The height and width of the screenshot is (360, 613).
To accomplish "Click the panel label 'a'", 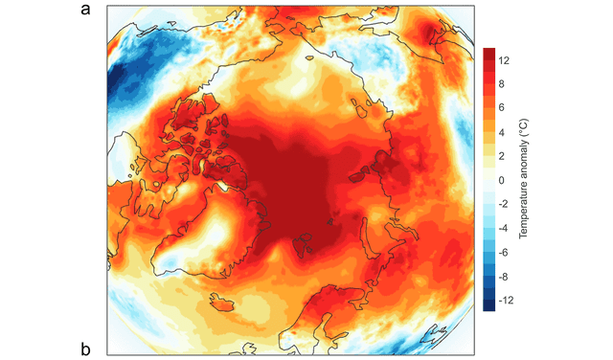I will (x=87, y=11).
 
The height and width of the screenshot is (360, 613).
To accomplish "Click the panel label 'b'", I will (x=87, y=348).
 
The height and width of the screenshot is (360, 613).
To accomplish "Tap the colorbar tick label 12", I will (x=505, y=59).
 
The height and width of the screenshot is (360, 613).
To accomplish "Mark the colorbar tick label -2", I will (x=506, y=205).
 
